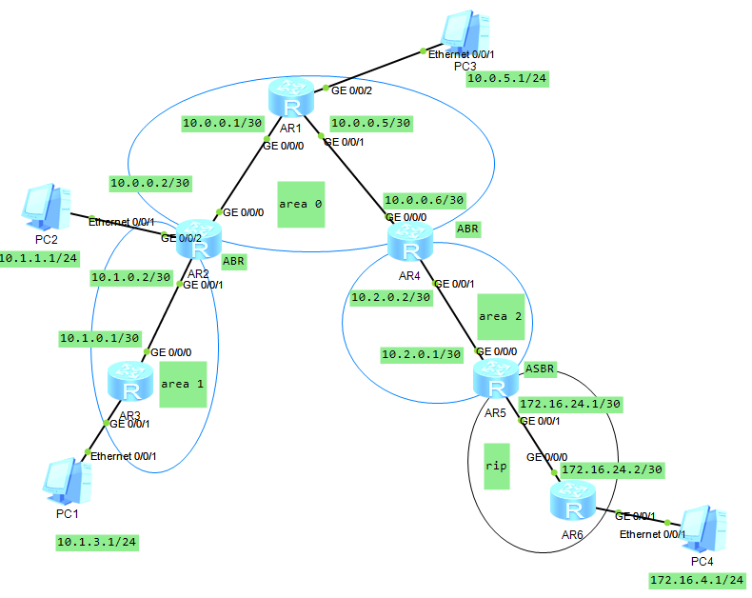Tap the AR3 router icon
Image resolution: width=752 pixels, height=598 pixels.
pyautogui.click(x=130, y=383)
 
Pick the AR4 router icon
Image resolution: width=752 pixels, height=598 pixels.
pyautogui.click(x=410, y=247)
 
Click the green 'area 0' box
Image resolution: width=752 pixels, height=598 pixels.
pyautogui.click(x=301, y=205)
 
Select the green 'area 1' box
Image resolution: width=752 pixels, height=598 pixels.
pyautogui.click(x=183, y=384)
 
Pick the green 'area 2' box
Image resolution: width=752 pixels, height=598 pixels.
pyautogui.click(x=501, y=316)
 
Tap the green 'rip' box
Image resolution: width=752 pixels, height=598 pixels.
pyautogui.click(x=496, y=466)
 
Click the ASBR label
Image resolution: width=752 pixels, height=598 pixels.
pyautogui.click(x=539, y=368)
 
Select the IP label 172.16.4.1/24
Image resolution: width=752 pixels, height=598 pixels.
pyautogui.click(x=697, y=579)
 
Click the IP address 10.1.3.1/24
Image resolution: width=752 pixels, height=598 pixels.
pyautogui.click(x=97, y=542)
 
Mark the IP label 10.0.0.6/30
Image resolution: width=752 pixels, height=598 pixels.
pyautogui.click(x=424, y=200)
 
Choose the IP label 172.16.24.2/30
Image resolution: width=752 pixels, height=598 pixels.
pyautogui.click(x=612, y=469)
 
